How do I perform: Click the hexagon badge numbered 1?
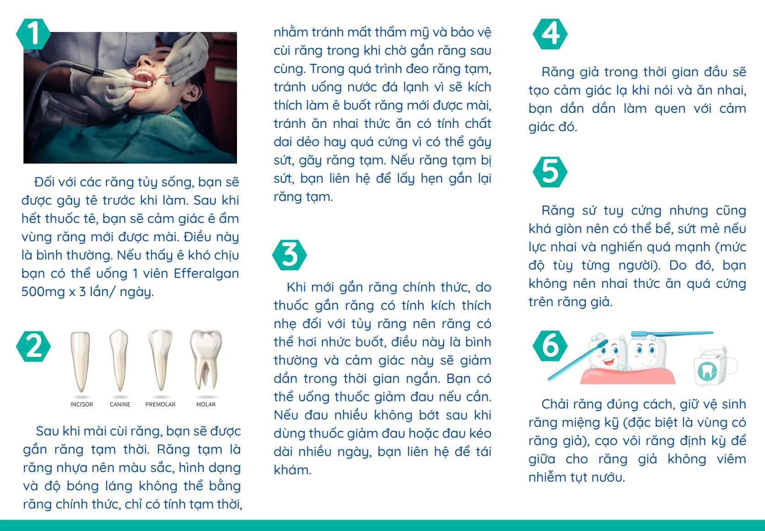pos(32,34)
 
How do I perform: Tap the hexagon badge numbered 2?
pos(33,346)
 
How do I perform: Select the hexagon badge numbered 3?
pos(289,255)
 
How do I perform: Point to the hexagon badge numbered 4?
pos(550,34)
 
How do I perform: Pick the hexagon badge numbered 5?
pos(550,172)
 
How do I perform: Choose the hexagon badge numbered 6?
pos(550,346)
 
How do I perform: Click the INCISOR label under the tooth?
pos(81,404)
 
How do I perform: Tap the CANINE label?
pos(120,404)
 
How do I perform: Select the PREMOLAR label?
pos(160,404)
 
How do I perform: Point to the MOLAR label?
pos(206,404)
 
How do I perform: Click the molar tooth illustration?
pos(206,359)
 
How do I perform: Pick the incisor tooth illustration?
pos(81,361)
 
